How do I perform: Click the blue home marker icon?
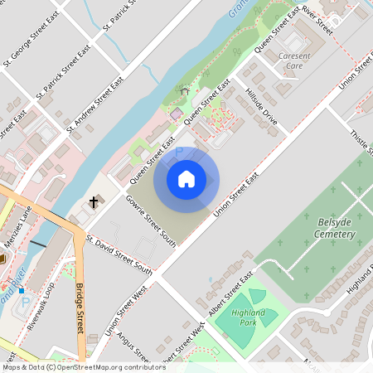pyautogui.click(x=186, y=178)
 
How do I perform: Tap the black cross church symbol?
pyautogui.click(x=94, y=201)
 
